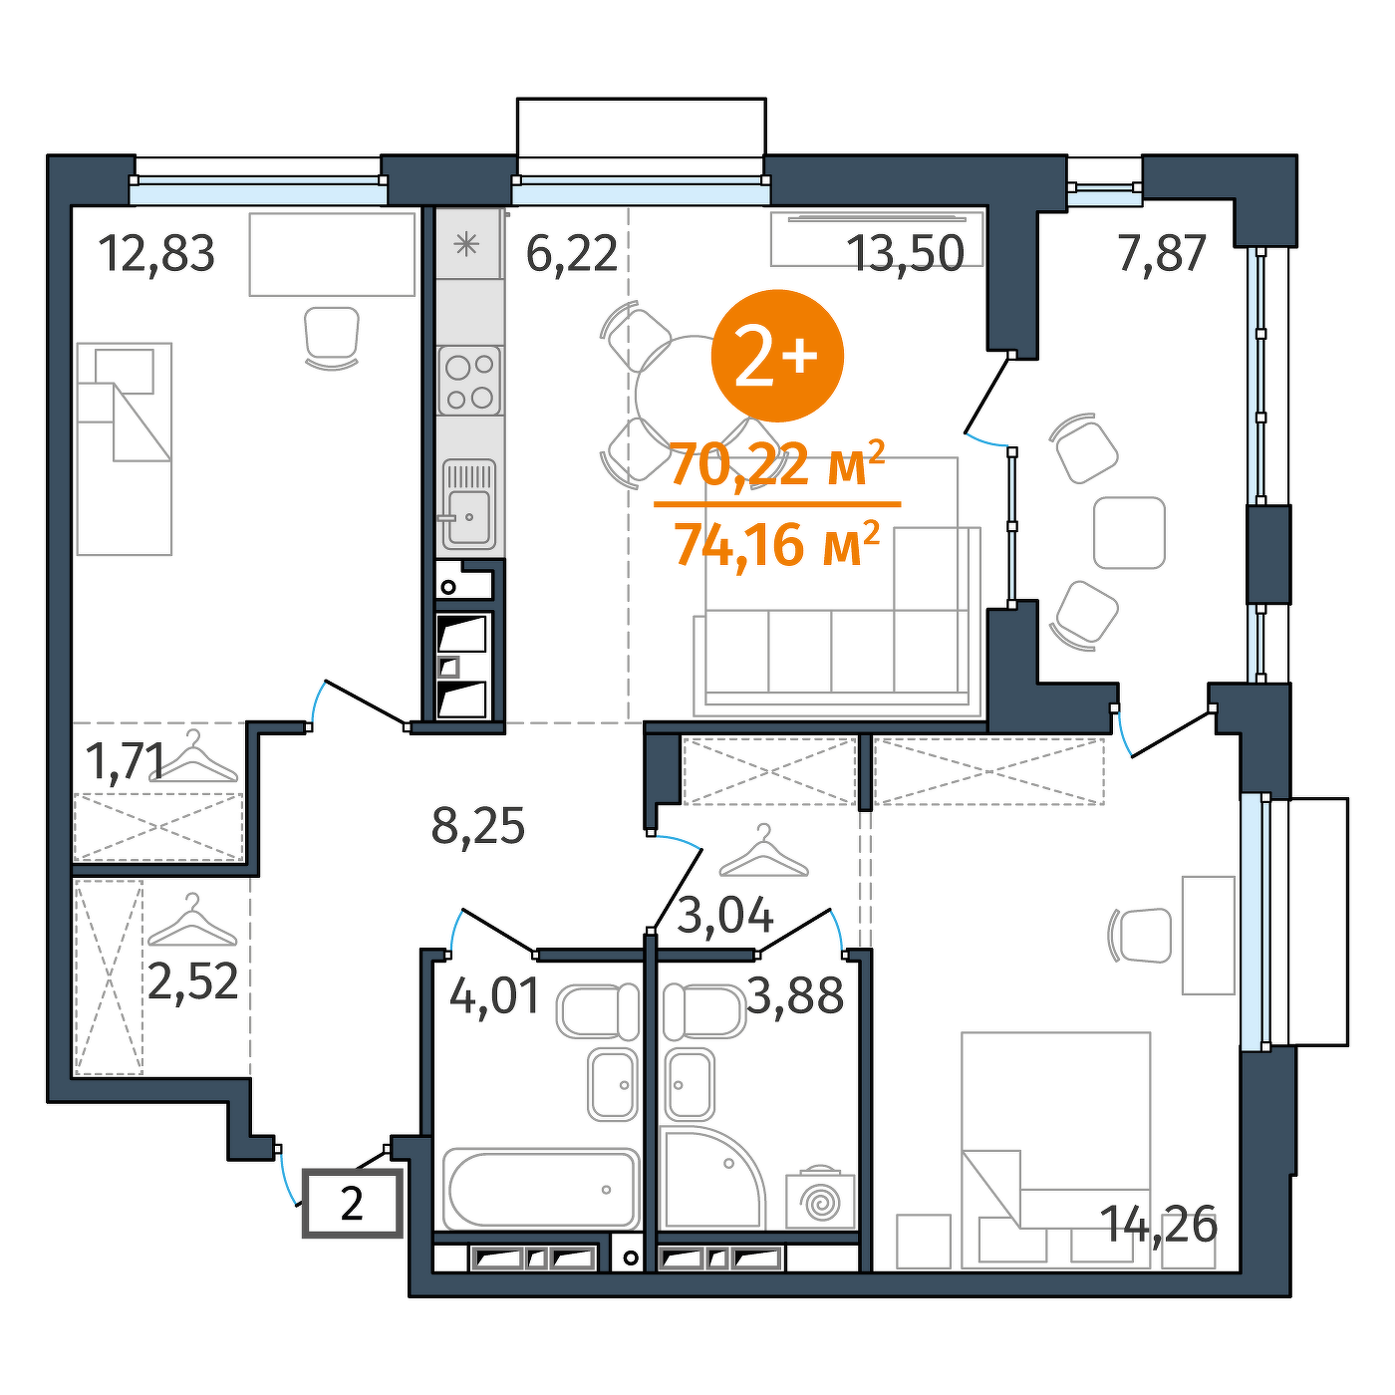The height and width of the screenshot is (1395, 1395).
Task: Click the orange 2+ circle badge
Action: coord(777,356)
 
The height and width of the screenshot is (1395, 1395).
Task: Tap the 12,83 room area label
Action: coord(156,254)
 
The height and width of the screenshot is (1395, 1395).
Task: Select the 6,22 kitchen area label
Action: coord(571,254)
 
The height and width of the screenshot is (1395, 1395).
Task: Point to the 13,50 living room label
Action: coord(905,254)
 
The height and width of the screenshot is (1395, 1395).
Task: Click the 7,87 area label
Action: coord(1162,253)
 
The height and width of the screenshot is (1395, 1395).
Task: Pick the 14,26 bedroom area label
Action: coord(1158,1225)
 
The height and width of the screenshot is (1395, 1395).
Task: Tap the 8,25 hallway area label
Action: coord(478,826)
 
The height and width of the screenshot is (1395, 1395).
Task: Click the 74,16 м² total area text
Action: coord(777,544)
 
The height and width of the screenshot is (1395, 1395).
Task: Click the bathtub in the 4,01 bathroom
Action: coord(541,1189)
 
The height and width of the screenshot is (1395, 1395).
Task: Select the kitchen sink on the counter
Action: coord(469,504)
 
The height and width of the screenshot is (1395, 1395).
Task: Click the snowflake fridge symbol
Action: coord(466,245)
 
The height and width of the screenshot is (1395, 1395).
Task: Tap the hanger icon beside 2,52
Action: coord(192,921)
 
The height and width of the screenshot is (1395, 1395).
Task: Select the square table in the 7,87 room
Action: coord(1129,533)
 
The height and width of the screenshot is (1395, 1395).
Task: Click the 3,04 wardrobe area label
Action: coord(724,915)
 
